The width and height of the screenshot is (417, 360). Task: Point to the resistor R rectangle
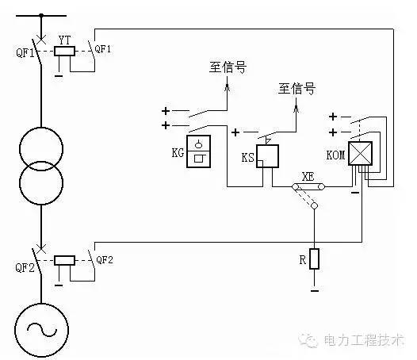pos(315,259)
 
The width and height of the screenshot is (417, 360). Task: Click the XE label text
pos(308,177)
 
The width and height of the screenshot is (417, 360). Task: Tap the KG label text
pos(178,153)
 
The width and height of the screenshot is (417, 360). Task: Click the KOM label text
pos(335,155)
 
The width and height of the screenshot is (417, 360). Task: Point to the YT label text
pos(65,40)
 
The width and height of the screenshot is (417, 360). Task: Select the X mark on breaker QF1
pos(41,40)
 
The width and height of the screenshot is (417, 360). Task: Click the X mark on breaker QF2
pos(41,249)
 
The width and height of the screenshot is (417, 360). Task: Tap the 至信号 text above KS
pos(296,89)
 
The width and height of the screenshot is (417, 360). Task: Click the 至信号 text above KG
pos(228,67)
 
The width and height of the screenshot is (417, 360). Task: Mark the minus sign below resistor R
pos(315,291)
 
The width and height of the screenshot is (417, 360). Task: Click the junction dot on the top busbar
pos(41,15)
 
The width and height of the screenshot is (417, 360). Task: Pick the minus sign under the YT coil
pos(59,76)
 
